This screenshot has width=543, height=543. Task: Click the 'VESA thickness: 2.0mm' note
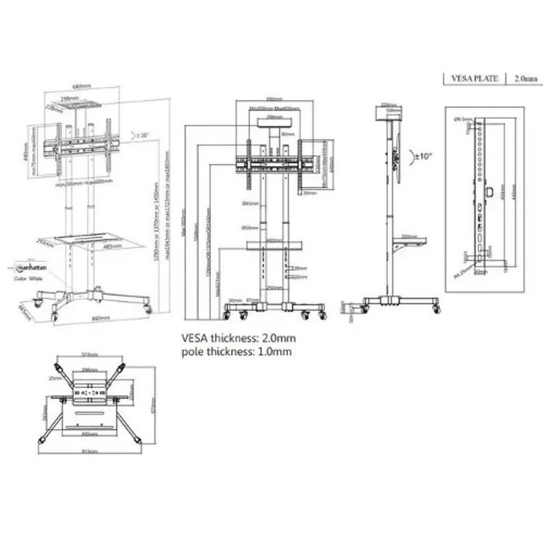238,338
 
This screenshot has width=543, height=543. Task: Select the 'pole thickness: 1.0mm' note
236,351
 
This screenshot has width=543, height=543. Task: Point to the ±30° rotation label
142,135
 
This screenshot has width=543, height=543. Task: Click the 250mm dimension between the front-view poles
273,287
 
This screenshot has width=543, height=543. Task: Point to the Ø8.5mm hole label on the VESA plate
463,119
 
